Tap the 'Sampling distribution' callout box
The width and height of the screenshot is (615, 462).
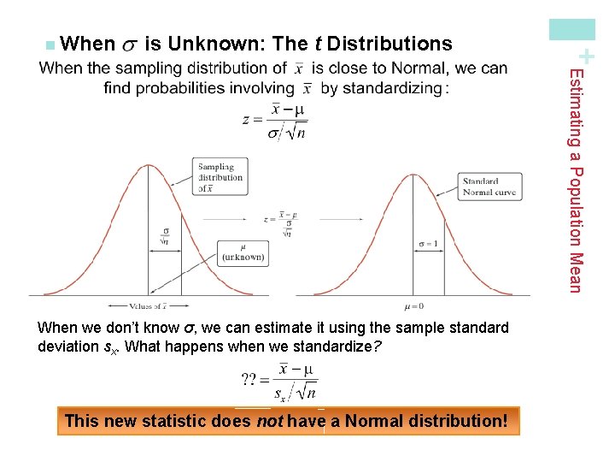coord(220,177)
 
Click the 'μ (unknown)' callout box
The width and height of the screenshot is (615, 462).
coord(243,252)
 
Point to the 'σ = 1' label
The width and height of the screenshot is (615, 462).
coord(427,243)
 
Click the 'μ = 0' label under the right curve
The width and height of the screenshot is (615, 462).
coord(413,306)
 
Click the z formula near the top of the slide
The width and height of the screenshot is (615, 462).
coord(275,121)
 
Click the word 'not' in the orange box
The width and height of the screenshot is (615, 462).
coord(270,421)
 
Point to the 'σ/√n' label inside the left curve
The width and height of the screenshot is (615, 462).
coord(167,236)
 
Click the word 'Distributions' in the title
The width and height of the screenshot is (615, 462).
coord(389,44)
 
